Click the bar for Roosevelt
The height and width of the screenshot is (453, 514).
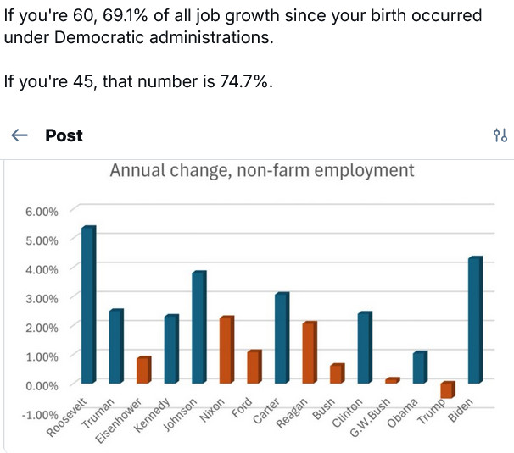click(88, 305)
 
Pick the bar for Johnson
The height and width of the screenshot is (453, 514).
click(198, 327)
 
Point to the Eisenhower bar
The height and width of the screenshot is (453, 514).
click(143, 370)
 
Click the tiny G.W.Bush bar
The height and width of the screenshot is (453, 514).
click(392, 381)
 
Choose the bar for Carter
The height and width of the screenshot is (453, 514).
click(282, 338)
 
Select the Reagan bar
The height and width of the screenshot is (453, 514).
click(310, 352)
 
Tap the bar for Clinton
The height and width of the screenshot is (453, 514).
click(364, 348)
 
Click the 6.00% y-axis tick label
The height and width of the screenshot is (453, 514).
click(42, 211)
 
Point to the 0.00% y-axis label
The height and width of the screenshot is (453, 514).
click(42, 385)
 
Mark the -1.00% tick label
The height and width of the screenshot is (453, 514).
click(40, 414)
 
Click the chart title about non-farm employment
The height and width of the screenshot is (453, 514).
click(262, 170)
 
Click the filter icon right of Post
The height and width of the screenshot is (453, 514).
click(500, 135)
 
